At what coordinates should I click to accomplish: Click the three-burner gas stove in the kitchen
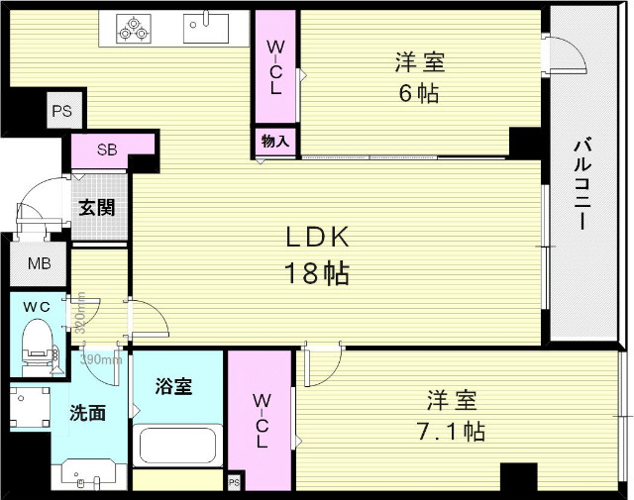click(x=133, y=28)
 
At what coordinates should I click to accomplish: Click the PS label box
click(x=61, y=112)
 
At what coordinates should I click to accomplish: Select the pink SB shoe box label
click(x=106, y=150)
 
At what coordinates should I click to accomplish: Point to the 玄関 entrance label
click(x=97, y=208)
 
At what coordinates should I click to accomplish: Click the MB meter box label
click(x=39, y=263)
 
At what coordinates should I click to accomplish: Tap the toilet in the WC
click(x=38, y=339)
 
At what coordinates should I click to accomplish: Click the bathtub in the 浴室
click(x=178, y=445)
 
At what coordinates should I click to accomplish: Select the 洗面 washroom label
click(x=87, y=414)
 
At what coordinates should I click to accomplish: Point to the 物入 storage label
click(x=275, y=142)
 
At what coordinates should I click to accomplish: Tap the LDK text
click(x=318, y=239)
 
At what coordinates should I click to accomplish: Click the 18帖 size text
click(x=318, y=274)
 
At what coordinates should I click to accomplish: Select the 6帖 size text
click(x=420, y=95)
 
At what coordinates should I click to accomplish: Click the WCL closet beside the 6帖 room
click(x=275, y=66)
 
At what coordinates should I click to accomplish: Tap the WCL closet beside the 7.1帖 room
click(x=261, y=421)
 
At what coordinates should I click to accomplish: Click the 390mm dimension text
click(x=101, y=359)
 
